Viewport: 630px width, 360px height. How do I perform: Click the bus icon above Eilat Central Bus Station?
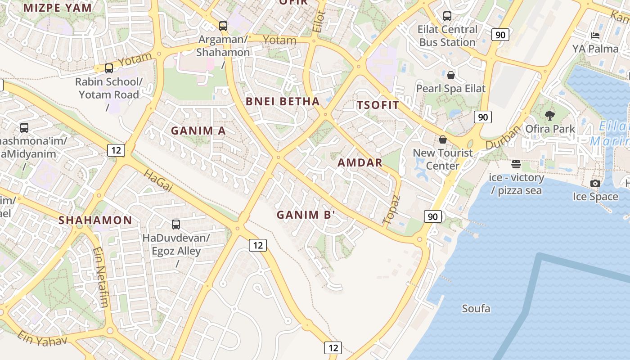click(x=447, y=16)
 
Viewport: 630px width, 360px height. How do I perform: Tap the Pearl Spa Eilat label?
click(x=450, y=88)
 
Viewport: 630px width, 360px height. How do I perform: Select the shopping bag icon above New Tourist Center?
click(x=443, y=139)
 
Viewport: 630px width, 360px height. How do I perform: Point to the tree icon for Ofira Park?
click(x=549, y=116)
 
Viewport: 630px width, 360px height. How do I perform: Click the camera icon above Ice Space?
click(x=595, y=183)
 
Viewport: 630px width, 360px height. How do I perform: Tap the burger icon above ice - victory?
click(x=516, y=164)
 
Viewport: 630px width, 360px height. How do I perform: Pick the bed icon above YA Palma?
click(x=595, y=35)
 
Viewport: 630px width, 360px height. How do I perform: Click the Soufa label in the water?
click(x=476, y=309)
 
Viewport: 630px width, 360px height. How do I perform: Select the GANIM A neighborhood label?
click(x=198, y=131)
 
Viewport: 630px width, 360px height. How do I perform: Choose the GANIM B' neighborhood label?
click(x=306, y=215)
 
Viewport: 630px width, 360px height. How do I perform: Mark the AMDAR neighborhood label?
click(x=360, y=163)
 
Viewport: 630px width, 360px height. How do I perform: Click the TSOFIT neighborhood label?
click(x=378, y=105)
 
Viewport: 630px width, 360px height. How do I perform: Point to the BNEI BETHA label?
click(x=283, y=101)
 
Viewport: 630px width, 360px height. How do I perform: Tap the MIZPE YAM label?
click(x=58, y=8)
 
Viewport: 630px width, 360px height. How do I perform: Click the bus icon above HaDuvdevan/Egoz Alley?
click(x=176, y=224)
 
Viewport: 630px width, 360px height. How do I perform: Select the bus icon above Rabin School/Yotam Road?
click(x=109, y=68)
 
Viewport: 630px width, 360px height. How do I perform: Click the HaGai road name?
click(x=158, y=181)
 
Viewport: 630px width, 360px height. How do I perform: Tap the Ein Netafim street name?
click(x=101, y=277)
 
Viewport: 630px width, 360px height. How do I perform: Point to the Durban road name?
click(x=503, y=137)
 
